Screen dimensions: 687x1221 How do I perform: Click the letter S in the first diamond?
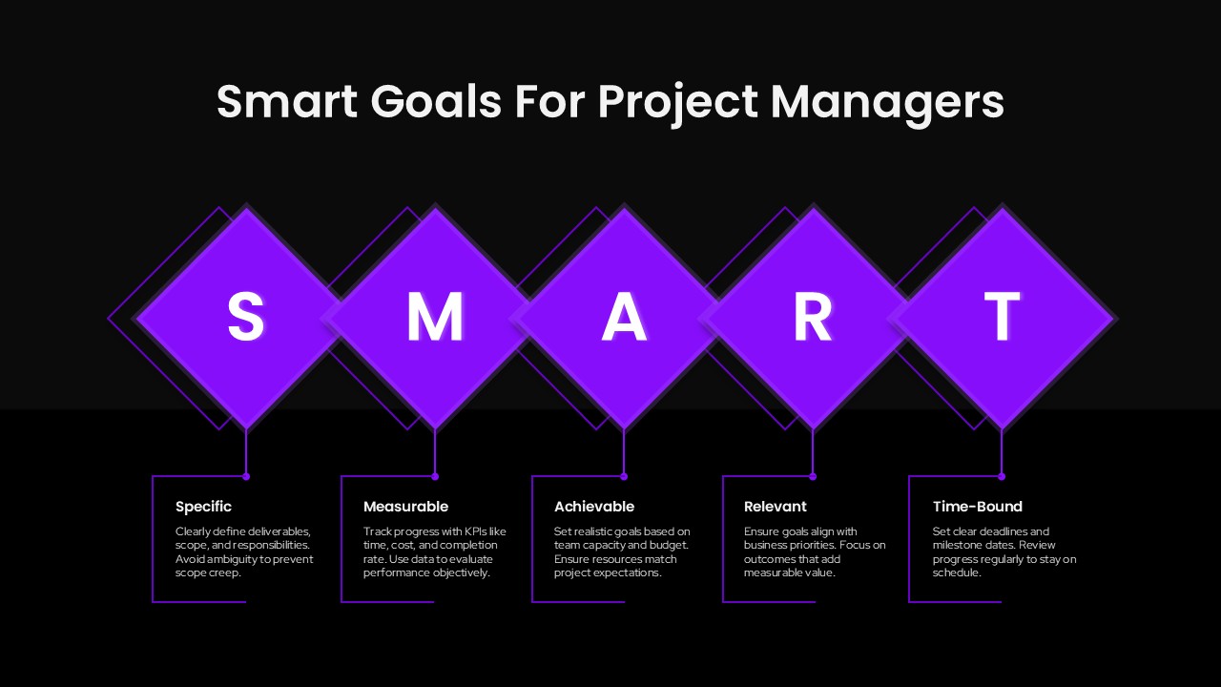point(245,317)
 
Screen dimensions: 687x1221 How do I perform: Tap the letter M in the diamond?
point(435,317)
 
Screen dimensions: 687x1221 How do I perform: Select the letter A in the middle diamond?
point(624,317)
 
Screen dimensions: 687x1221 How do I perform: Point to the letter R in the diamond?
point(813,317)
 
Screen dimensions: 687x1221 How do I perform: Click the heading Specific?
point(203,507)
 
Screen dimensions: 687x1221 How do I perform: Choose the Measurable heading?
point(405,507)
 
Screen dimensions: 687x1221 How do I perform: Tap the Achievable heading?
point(594,507)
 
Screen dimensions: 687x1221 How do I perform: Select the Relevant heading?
point(776,507)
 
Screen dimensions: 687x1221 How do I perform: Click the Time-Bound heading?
point(978,507)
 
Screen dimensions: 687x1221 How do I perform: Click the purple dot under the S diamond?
point(246,476)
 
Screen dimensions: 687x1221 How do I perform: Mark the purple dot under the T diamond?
point(1002,476)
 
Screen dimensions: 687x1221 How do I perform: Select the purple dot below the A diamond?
point(624,476)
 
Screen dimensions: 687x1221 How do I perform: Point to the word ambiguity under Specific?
point(228,559)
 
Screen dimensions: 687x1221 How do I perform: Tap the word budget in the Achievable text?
point(671,545)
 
